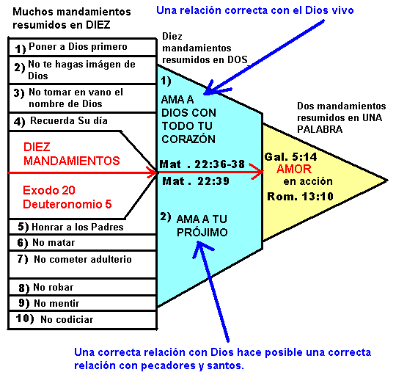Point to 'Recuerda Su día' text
pos(69,121)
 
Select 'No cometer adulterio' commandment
pos(83,259)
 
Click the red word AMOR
pos(294,169)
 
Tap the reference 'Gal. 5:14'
pos(290,157)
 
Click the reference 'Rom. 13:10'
pos(300,197)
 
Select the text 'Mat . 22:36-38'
pos(202,164)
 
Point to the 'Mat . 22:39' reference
pos(196,181)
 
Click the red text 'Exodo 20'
pos(49,190)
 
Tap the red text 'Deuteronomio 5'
pos(67,204)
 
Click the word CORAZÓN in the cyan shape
pos(188,139)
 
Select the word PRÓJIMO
pos(202,232)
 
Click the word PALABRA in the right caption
pos(320,129)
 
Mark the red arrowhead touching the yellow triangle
pos(257,171)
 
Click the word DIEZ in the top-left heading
pos(98,25)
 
